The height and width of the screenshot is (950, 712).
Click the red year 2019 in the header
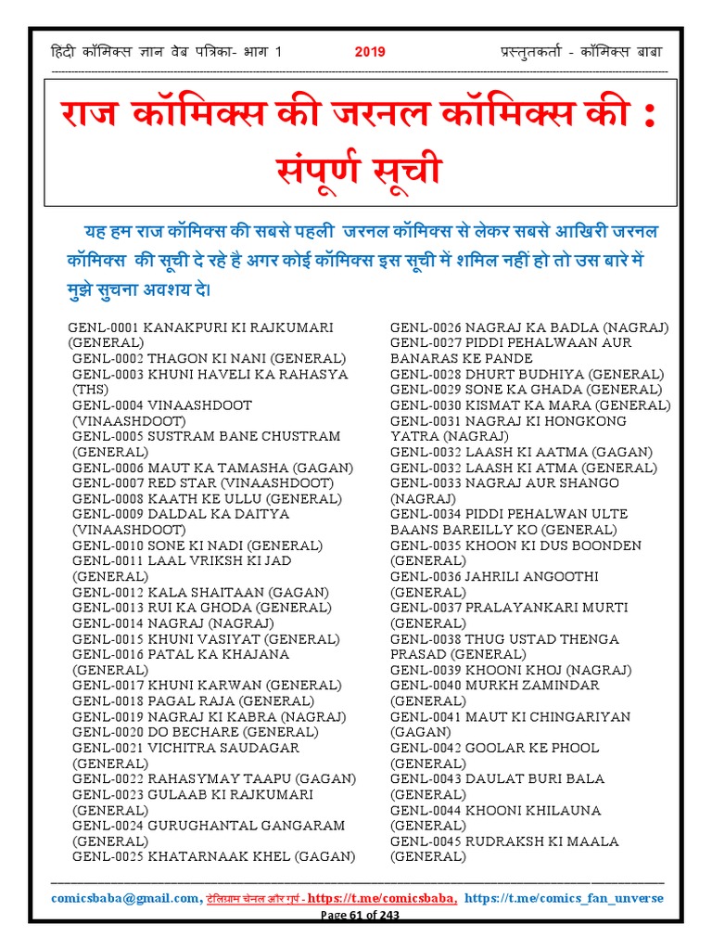coord(370,52)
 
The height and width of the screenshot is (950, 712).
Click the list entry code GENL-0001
coord(102,327)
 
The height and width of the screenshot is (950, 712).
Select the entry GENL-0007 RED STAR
coord(203,482)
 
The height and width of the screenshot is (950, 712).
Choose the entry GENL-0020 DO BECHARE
coord(196,732)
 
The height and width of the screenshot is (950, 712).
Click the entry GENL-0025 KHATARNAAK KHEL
coord(214,856)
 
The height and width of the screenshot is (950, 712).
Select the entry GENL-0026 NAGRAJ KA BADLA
coord(529,327)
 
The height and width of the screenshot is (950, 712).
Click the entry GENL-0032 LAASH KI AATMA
coord(521,452)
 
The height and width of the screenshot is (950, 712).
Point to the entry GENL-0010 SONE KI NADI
coord(197,545)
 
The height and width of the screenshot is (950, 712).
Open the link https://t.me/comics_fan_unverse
coord(564,898)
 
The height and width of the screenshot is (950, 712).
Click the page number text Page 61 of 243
coord(360,915)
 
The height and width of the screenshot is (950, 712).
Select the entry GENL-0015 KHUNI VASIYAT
coord(200,639)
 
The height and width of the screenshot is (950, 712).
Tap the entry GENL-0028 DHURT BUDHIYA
coord(527,374)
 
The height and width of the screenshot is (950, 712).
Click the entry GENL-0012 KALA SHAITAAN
coord(200,592)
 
